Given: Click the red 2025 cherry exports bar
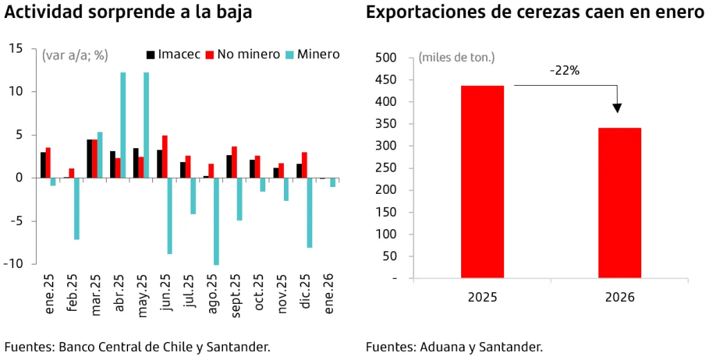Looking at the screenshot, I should point(483,182).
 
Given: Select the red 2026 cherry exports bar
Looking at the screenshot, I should point(620,203).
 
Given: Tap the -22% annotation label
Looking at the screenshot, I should point(565,71).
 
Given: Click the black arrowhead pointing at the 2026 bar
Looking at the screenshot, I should point(617,108).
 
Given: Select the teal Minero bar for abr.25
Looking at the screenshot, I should point(123,125).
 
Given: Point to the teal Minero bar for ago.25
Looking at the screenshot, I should point(216,221).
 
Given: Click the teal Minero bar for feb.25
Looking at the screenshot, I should point(77,208).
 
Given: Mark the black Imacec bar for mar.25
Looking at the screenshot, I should point(89,159).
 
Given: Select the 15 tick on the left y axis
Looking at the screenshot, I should point(17,48).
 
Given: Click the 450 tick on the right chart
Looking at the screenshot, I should point(387,80).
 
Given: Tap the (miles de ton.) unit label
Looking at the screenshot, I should point(456,57).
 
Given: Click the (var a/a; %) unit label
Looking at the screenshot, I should point(75,55).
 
